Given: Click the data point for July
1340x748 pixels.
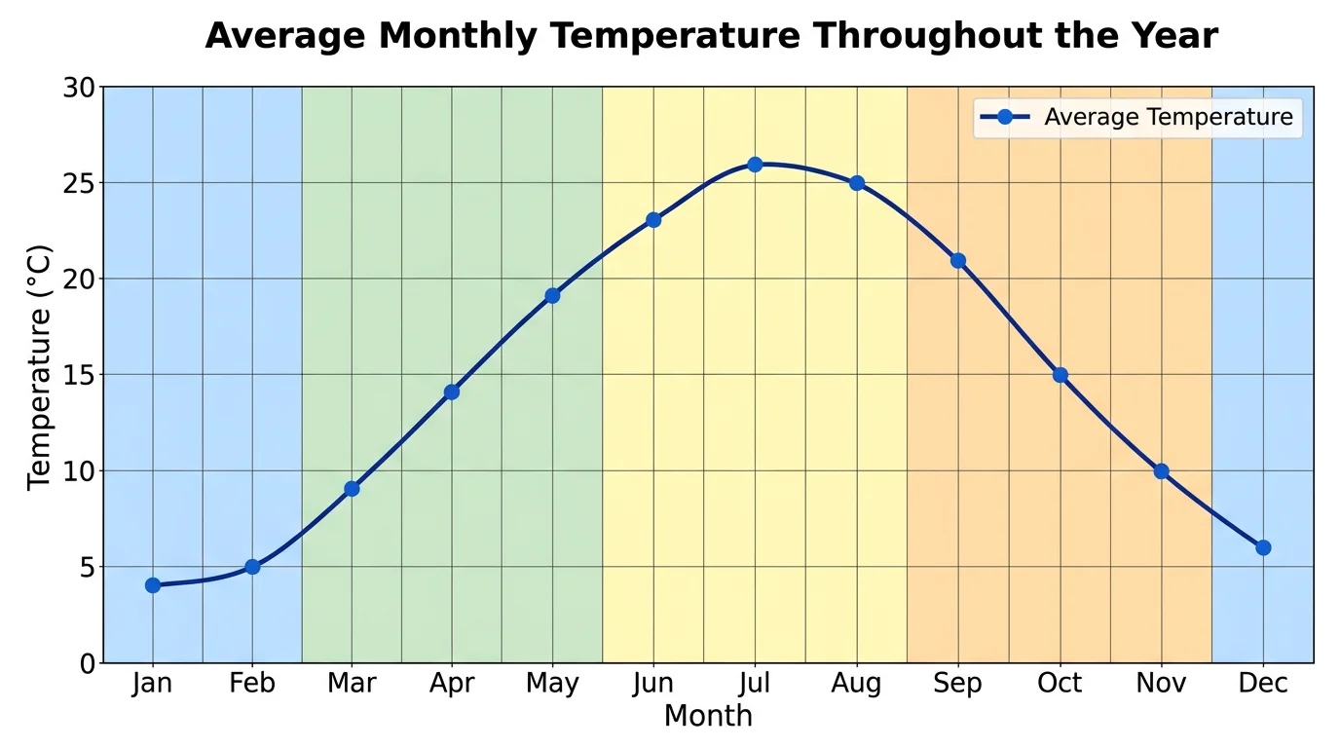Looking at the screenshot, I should [x=755, y=165].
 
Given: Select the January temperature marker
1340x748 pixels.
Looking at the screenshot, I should [x=153, y=585].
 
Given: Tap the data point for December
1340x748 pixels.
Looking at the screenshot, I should [x=1263, y=547].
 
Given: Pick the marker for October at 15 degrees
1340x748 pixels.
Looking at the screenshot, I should [x=1060, y=375].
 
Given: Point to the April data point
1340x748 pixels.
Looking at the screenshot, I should [x=452, y=392].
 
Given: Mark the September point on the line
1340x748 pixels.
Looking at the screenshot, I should [x=958, y=260].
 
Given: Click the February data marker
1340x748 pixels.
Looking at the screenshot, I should [x=252, y=567].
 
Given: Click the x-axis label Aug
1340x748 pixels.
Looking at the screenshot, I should [x=857, y=684].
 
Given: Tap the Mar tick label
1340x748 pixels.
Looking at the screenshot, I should [x=352, y=684].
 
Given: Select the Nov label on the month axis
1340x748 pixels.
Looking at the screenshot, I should [x=1161, y=684].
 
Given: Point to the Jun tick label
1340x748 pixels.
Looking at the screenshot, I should [x=653, y=684].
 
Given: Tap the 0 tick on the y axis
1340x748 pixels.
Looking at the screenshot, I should [x=88, y=663].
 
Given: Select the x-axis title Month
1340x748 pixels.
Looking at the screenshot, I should [x=708, y=717].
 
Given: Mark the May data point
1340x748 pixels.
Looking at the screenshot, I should [x=552, y=295].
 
